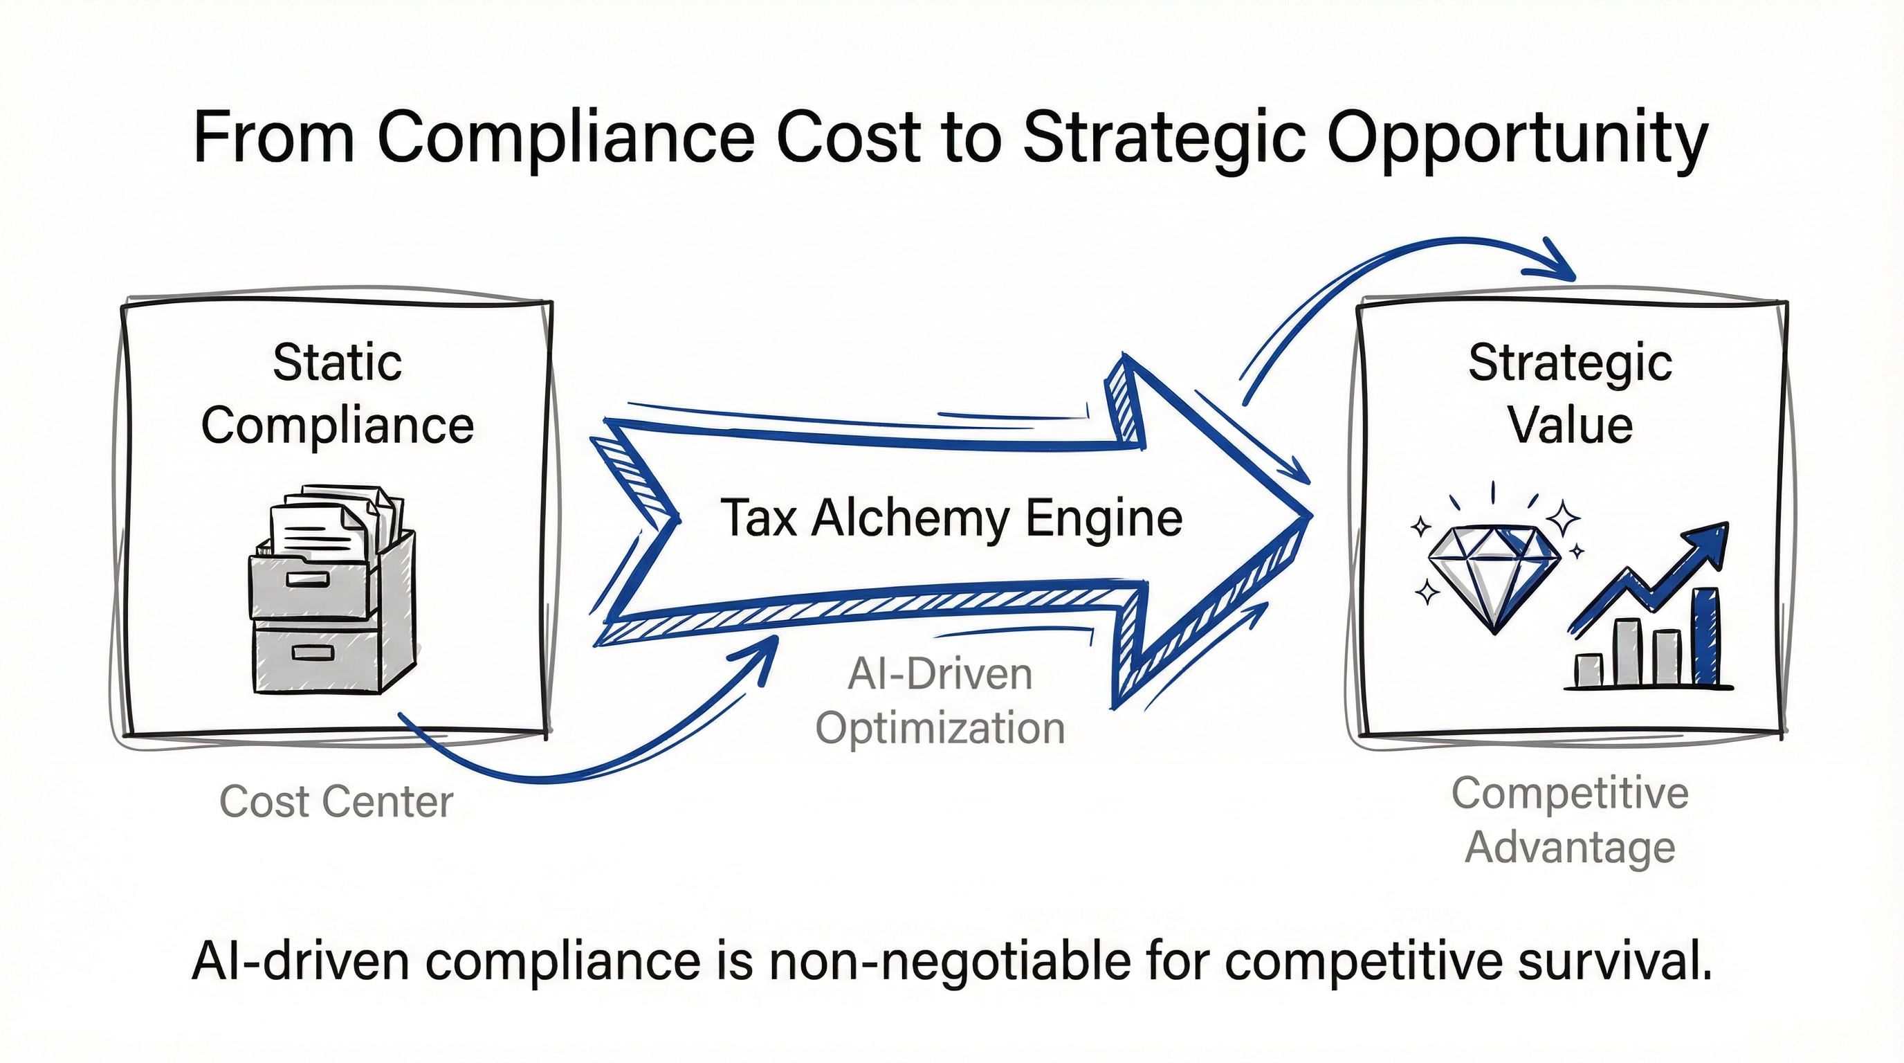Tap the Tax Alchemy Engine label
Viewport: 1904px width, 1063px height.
951,518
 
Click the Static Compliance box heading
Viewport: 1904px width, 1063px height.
337,394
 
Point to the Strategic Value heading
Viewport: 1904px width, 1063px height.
1570,394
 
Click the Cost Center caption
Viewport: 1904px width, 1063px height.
336,801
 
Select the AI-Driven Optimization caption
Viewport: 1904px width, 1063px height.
940,701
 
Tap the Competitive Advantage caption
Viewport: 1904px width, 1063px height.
1570,820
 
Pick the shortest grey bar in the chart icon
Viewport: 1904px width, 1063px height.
1589,670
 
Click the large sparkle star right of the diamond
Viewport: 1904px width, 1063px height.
1564,517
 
